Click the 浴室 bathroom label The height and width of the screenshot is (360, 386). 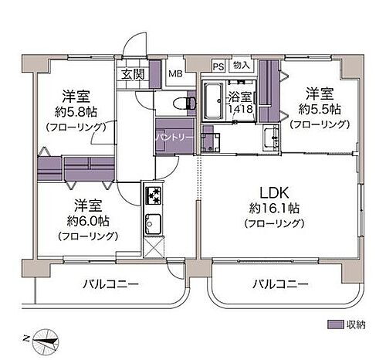pos(239,98)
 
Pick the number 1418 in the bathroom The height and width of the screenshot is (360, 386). pos(239,110)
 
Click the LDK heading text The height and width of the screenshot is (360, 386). pos(274,192)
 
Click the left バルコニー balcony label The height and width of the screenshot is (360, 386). pos(111,284)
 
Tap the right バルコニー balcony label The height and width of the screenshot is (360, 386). pos(280,284)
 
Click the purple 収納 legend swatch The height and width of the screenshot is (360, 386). pos(335,324)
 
